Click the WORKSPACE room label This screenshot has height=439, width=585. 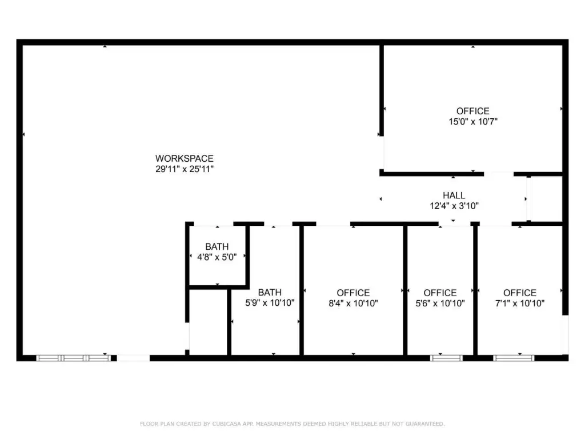click(185, 158)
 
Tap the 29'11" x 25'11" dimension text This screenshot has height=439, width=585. click(185, 169)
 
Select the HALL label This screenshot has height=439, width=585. click(454, 195)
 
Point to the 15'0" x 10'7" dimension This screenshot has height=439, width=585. click(472, 121)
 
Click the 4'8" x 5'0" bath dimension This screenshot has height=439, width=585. click(217, 257)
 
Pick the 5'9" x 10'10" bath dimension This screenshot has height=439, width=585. click(270, 303)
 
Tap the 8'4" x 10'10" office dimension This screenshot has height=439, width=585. click(353, 303)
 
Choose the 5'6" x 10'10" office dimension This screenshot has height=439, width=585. click(440, 303)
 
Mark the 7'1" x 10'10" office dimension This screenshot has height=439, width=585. click(520, 303)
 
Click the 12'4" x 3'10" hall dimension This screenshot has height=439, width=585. click(454, 206)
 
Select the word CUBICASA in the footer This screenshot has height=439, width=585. click(226, 424)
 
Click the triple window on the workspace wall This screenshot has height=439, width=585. click(74, 358)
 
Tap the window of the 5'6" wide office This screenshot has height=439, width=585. click(446, 358)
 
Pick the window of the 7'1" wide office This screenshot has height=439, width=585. click(514, 358)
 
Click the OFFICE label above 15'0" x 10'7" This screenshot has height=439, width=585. click(472, 111)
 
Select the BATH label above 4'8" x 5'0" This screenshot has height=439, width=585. click(217, 246)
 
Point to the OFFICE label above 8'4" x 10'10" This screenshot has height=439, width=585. click(353, 293)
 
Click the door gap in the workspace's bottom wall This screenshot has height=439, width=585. click(133, 358)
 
